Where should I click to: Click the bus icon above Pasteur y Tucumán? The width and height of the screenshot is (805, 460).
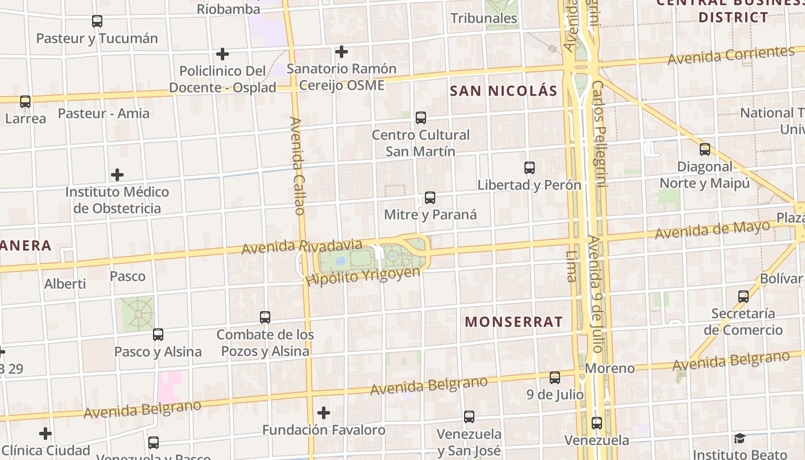point(97,21)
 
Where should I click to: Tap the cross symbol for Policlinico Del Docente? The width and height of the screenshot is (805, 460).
point(223,54)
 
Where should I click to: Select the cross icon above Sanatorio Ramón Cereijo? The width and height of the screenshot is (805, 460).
point(342,52)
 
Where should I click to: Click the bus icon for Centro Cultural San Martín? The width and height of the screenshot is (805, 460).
point(421,118)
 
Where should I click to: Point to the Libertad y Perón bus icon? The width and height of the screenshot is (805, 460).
point(530,168)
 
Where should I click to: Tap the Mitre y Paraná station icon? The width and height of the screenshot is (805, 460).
point(430,198)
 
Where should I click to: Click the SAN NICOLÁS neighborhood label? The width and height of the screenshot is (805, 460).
point(503,91)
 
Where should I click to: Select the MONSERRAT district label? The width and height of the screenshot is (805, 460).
point(513,322)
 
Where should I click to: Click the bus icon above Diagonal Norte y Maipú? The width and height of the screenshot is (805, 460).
point(704,149)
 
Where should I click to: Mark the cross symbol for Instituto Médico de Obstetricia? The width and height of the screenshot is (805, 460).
point(117,174)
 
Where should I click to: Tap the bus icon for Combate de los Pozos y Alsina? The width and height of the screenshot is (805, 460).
point(265,317)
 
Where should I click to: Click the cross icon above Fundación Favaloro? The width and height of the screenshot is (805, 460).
point(324,412)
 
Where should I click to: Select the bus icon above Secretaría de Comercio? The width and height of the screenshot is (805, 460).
point(743,297)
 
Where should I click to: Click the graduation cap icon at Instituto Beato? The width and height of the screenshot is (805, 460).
point(739,439)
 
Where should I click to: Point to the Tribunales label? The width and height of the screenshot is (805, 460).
point(484,18)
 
